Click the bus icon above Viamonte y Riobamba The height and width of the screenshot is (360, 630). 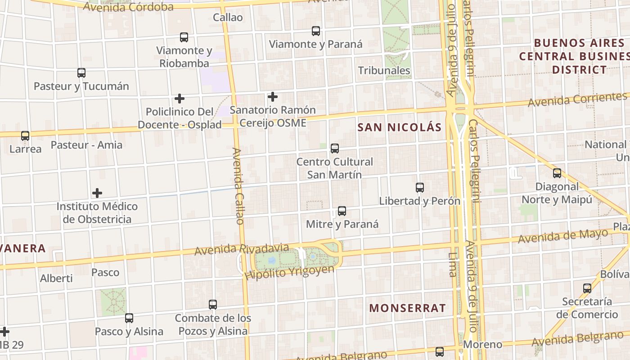pos(184,37)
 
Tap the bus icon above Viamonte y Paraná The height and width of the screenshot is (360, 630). pos(316,31)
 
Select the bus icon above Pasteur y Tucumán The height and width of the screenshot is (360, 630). pos(81,73)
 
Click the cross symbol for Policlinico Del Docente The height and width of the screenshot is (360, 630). pos(180,99)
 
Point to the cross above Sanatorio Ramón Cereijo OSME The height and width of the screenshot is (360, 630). pos(272,97)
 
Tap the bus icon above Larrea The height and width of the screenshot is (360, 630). pos(25,136)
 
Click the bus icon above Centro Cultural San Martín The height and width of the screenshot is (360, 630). pos(334,148)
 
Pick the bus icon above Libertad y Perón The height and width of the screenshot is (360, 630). pos(420,188)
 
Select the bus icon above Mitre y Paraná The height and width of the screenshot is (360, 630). pos(342,211)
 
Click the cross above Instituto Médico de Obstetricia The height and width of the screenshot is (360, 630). pos(97,193)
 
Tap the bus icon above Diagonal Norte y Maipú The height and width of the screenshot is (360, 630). pos(557,173)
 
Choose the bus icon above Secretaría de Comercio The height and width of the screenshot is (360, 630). pos(587,288)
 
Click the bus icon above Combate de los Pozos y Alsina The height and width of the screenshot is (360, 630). pos(213,305)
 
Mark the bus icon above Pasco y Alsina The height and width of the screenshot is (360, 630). pos(129,318)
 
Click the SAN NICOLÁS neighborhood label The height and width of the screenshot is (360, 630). pos(400,127)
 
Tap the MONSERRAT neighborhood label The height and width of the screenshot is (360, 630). pos(407,308)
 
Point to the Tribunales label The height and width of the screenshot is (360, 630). pos(384,71)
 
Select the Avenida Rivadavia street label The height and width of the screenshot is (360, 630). pos(241,249)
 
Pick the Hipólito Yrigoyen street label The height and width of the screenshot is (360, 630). pos(290,273)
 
